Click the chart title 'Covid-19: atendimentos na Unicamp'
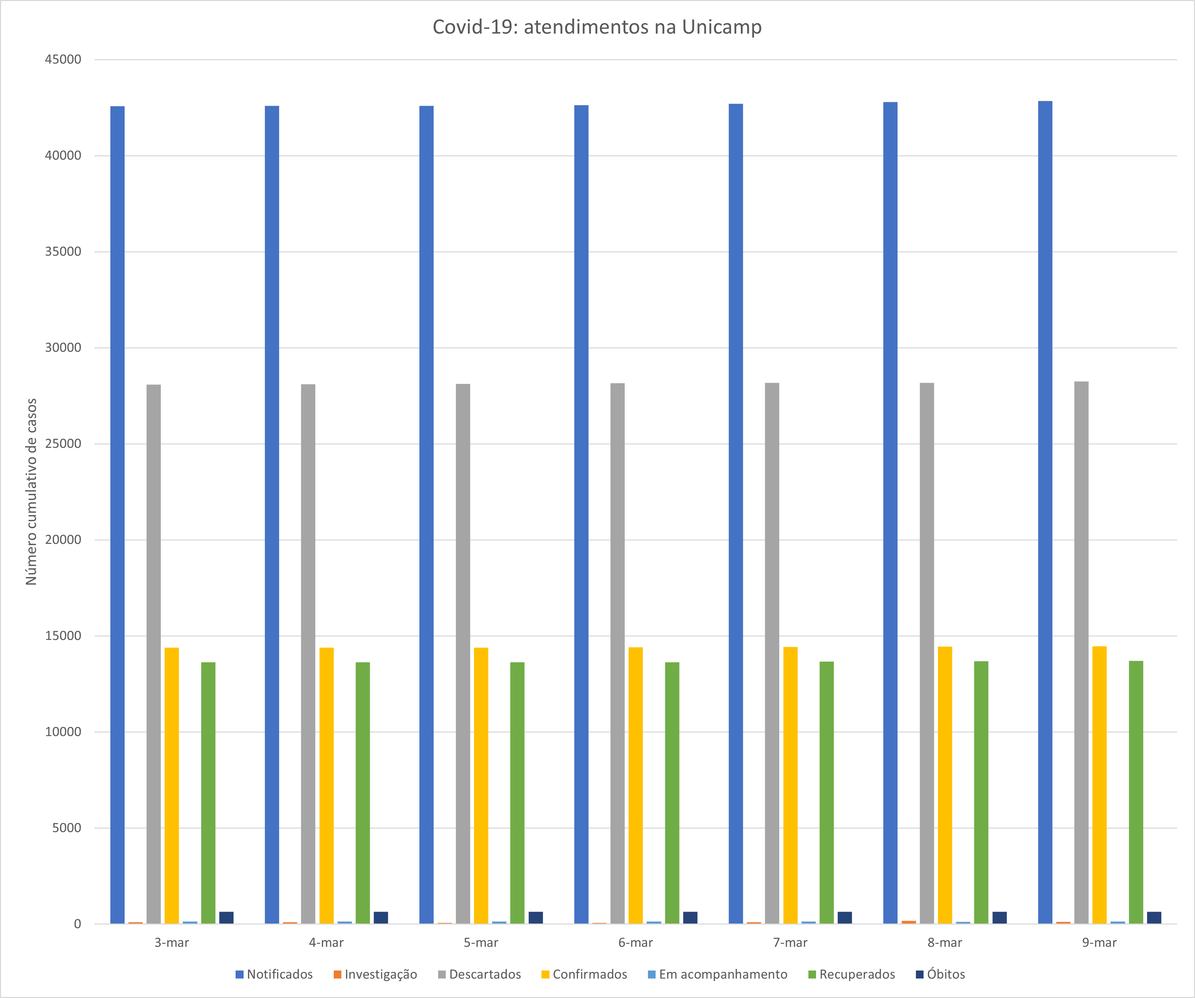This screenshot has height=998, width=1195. pos(597,27)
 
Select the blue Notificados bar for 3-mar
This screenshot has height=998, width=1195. pos(117,512)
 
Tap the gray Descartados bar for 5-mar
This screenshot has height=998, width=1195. pos(462,654)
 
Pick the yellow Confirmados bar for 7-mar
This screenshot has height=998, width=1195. pos(790,785)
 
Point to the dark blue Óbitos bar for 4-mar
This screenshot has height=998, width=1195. pos(381,917)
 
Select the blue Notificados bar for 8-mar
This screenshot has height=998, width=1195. pos(890,512)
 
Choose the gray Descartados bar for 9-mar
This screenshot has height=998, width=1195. pos(1081,654)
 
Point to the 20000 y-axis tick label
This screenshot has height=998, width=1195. pos(63,540)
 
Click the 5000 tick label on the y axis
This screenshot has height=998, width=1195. pos(66,828)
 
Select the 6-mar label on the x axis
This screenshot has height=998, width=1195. pos(636,943)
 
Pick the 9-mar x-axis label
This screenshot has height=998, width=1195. pos(1099,943)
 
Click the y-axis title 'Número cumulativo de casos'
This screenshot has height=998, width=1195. pos(31,492)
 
